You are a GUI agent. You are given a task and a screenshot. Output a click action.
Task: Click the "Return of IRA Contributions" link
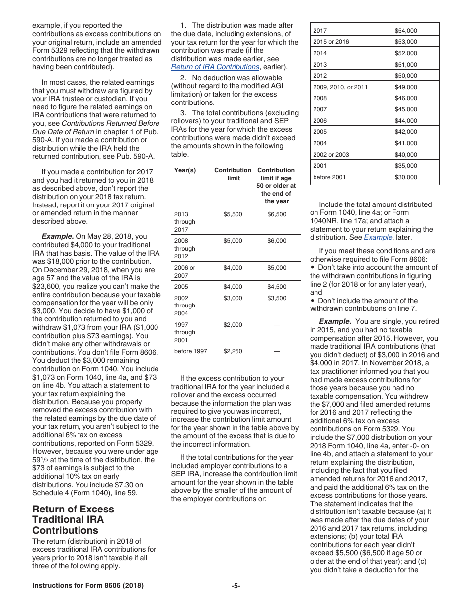pyautogui.click(x=215, y=67)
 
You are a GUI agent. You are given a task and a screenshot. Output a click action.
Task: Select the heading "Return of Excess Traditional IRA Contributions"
pyautogui.click(x=73, y=519)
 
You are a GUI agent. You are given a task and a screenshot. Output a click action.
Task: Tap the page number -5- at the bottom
pyautogui.click(x=236, y=586)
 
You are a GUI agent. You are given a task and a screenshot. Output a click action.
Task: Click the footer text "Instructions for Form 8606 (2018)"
pyautogui.click(x=88, y=586)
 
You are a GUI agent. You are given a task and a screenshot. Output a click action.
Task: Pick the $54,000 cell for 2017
pyautogui.click(x=406, y=31)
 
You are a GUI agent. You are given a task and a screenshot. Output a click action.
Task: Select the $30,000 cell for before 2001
pyautogui.click(x=406, y=177)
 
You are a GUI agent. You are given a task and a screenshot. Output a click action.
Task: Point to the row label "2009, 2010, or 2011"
pyautogui.click(x=340, y=87)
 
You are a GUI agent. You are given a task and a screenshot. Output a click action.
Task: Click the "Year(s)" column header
pyautogui.click(x=185, y=170)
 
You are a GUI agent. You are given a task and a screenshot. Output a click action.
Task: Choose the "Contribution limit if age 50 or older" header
pyautogui.click(x=277, y=185)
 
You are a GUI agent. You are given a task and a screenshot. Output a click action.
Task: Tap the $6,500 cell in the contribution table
pyautogui.click(x=277, y=214)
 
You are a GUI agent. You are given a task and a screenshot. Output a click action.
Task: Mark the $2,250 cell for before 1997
pyautogui.click(x=233, y=351)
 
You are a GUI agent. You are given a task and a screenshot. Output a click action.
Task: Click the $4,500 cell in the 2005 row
pyautogui.click(x=277, y=287)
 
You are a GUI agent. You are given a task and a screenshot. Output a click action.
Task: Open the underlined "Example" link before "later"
pyautogui.click(x=378, y=238)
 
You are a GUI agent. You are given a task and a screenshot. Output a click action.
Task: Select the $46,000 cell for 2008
pyautogui.click(x=406, y=99)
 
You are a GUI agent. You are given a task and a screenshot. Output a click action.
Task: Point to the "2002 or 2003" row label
pyautogui.click(x=331, y=155)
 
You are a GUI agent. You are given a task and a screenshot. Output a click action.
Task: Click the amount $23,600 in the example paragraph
pyautogui.click(x=46, y=286)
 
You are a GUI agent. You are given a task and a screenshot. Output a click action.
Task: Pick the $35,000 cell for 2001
pyautogui.click(x=406, y=166)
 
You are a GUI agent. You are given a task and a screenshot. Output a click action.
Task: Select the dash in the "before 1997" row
pyautogui.click(x=277, y=351)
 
